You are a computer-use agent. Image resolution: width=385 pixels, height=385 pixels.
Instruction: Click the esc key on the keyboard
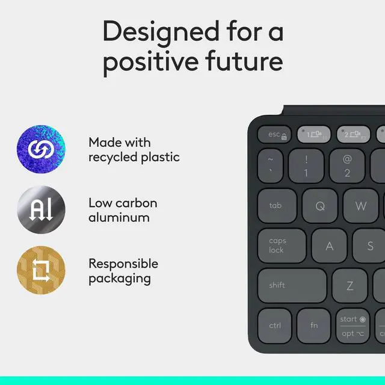pyautogui.click(x=274, y=134)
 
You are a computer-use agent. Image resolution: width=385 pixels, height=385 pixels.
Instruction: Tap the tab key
pyautogui.click(x=277, y=206)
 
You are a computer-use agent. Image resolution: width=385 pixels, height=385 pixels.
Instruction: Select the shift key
pyautogui.click(x=292, y=286)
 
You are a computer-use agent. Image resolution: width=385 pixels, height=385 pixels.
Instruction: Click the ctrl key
pyautogui.click(x=275, y=326)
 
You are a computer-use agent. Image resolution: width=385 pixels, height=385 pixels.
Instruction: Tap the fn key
pyautogui.click(x=314, y=326)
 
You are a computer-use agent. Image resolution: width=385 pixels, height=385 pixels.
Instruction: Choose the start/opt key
pyautogui.click(x=353, y=326)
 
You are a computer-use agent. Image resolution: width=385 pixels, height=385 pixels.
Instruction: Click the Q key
pyautogui.click(x=319, y=206)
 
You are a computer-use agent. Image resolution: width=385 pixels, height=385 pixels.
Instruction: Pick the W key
pyautogui.click(x=360, y=206)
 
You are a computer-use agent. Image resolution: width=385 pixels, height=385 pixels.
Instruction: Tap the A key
pyautogui.click(x=329, y=246)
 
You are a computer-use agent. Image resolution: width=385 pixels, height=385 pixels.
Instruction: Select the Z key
pyautogui.click(x=350, y=286)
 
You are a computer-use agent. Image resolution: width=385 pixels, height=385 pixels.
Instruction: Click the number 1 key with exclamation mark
pyautogui.click(x=306, y=166)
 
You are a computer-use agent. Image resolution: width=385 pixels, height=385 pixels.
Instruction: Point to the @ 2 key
pyautogui.click(x=347, y=166)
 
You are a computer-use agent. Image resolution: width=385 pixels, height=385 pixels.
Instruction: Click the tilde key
pyautogui.click(x=270, y=166)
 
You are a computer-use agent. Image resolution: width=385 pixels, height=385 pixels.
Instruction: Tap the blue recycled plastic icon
pyautogui.click(x=41, y=149)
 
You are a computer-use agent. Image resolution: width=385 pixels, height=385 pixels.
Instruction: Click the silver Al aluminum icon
pyautogui.click(x=41, y=209)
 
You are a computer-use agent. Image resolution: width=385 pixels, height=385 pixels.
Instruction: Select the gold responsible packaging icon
pyautogui.click(x=41, y=270)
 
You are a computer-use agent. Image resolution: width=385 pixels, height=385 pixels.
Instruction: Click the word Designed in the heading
pyautogui.click(x=161, y=33)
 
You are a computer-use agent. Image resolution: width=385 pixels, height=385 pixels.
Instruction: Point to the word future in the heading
pyautogui.click(x=244, y=61)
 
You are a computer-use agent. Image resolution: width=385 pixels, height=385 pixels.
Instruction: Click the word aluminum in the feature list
pyautogui.click(x=119, y=218)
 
